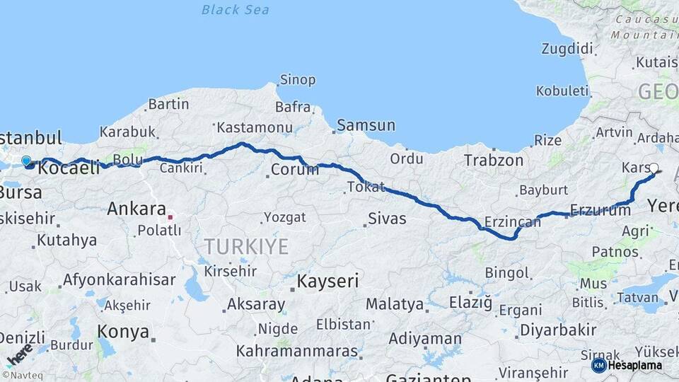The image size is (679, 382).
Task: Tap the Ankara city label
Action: click(134, 209)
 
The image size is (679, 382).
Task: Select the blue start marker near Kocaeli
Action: click(26, 161)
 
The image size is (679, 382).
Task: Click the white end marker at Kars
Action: click(654, 168)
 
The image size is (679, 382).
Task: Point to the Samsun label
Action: click(366, 125)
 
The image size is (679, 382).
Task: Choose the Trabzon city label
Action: click(494, 161)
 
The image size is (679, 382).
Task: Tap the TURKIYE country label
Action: click(247, 246)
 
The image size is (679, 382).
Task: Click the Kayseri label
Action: click(327, 281)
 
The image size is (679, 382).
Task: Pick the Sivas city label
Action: click(388, 218)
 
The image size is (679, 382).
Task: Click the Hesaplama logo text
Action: click(635, 365)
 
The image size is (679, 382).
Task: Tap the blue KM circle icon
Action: click(599, 365)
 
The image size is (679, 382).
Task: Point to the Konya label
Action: click(123, 331)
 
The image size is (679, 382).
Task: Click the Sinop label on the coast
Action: click(298, 79)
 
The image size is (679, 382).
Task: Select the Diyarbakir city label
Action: click(558, 330)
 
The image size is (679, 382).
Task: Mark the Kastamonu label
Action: click(255, 127)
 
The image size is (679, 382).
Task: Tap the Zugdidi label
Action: click(567, 49)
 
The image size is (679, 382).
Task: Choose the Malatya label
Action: click(395, 305)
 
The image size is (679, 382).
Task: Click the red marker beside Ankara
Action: click(170, 210)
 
